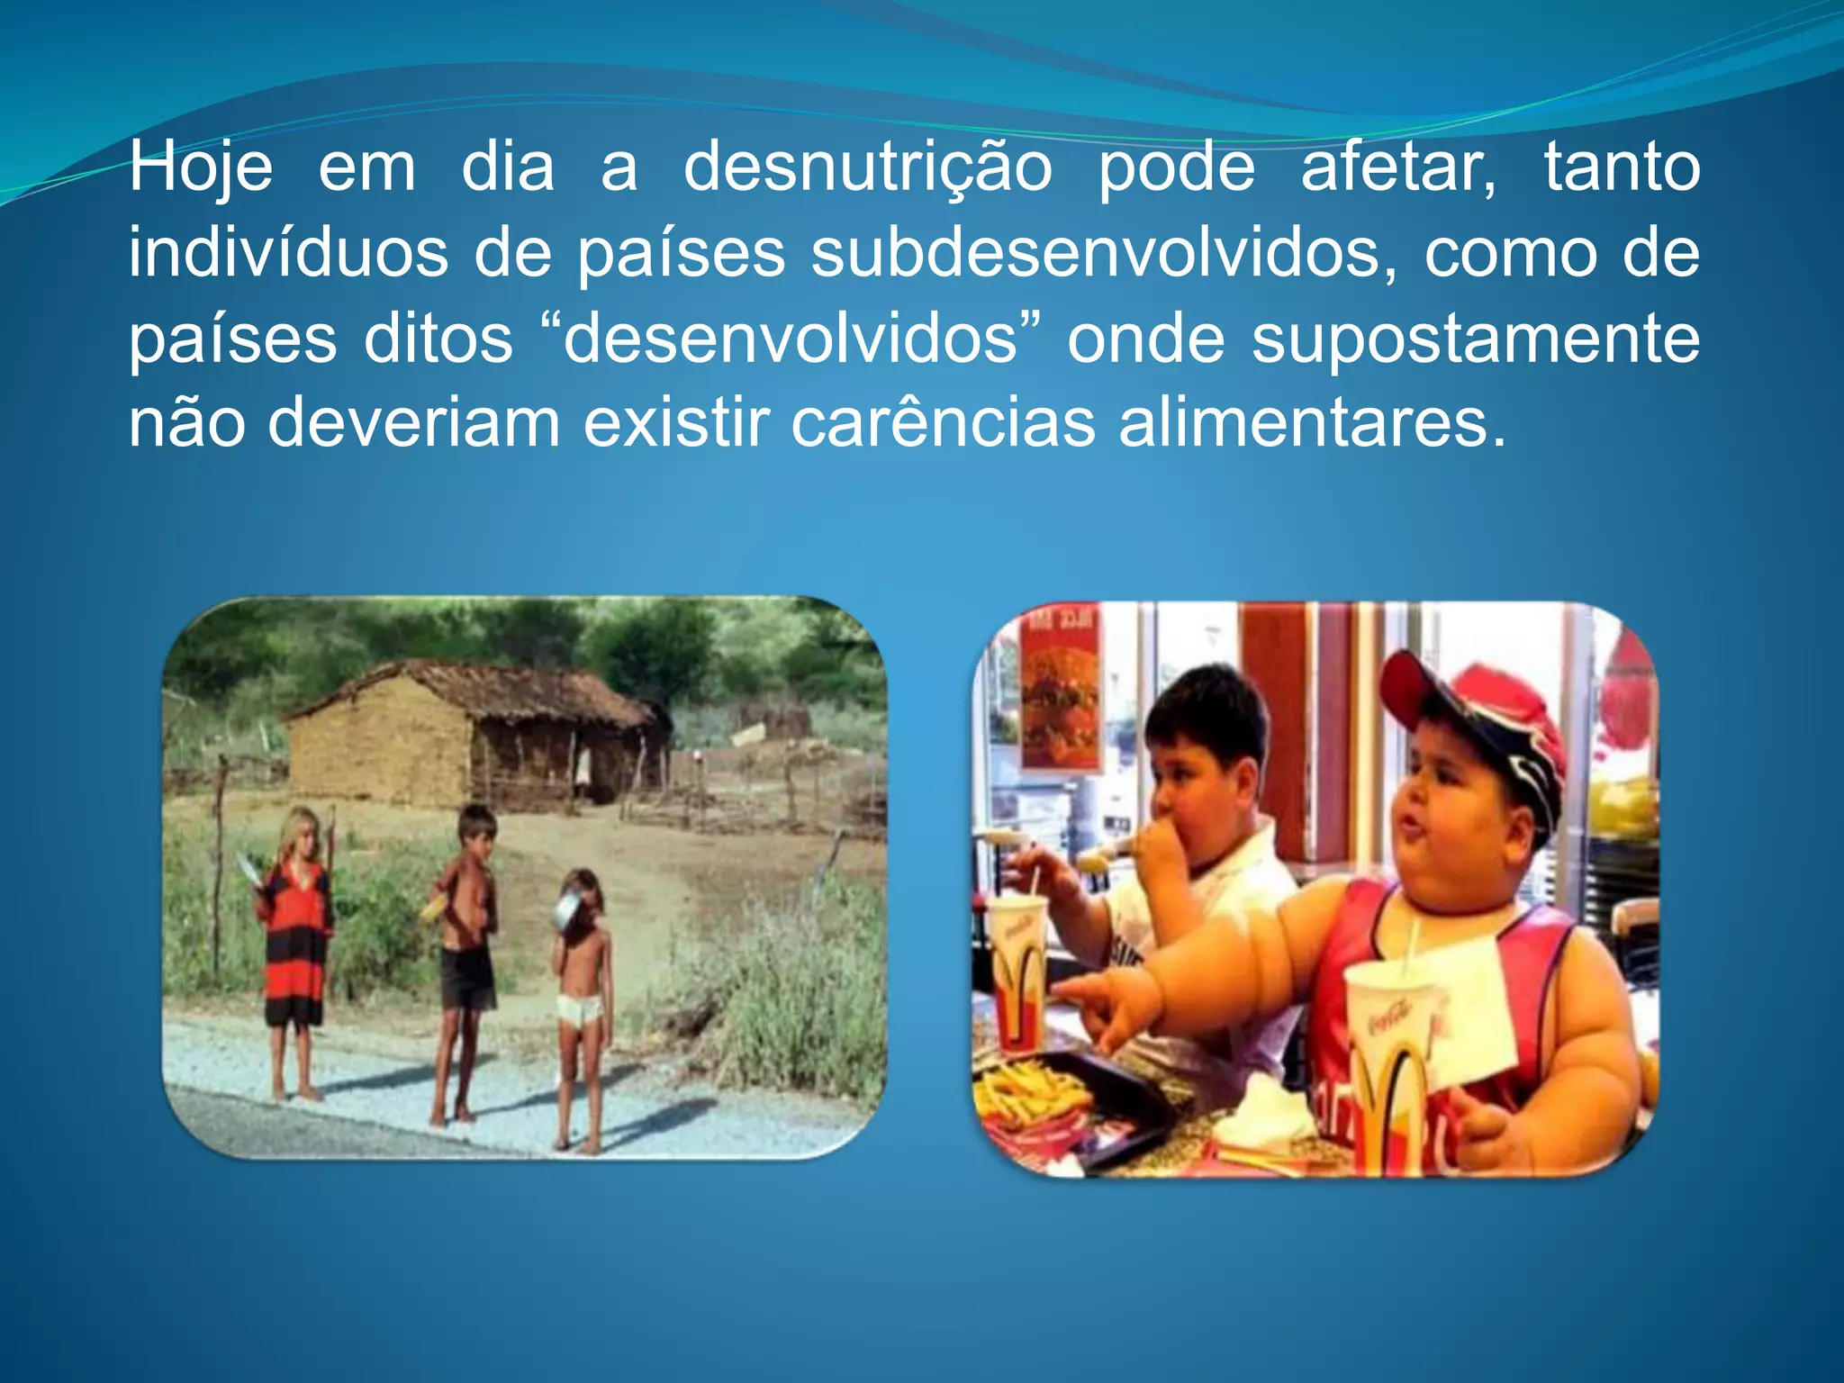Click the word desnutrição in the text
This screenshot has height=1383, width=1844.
point(867,168)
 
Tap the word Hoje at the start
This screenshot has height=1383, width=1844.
point(200,168)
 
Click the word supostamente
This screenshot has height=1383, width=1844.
point(1475,339)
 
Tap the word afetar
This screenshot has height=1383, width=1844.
point(1398,168)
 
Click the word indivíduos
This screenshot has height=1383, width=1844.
point(288,253)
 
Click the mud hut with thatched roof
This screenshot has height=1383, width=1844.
point(477,734)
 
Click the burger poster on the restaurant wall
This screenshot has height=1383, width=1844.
point(1060,702)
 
